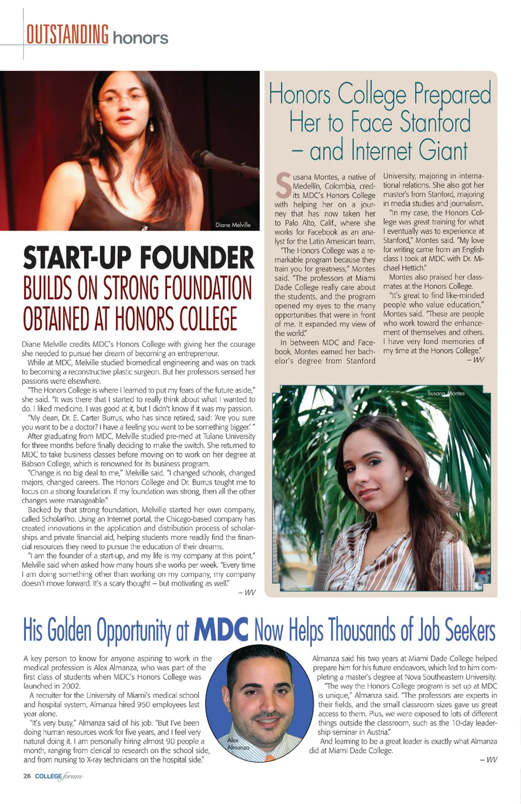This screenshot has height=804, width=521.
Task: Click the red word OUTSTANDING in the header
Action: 67,35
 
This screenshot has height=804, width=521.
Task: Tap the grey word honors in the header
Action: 141,38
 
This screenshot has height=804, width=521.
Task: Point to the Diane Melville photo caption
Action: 233,224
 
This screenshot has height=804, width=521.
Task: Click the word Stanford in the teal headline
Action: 435,122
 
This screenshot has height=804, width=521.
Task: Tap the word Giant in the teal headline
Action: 443,151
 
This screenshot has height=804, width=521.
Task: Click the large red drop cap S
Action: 283,185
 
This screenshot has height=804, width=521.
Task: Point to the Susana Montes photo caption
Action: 446,393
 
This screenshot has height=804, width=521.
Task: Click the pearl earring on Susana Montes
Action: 405,478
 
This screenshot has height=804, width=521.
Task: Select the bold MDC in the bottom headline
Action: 221,630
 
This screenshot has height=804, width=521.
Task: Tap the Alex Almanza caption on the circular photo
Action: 238,743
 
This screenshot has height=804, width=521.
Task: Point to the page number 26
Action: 27,776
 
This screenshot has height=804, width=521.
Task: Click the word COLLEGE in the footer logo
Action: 48,776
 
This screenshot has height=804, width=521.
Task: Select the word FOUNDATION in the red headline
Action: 207,288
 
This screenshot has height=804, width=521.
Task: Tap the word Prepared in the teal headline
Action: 452,94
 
